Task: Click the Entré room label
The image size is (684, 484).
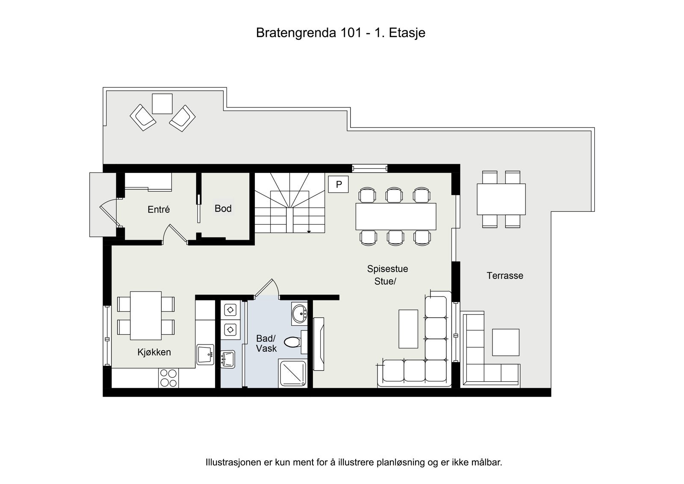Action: (159, 209)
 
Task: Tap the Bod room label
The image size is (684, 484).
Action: (223, 208)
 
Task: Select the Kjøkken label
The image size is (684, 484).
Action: (154, 352)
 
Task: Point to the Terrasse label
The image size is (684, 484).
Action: (504, 276)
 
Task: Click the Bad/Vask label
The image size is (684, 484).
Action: (266, 343)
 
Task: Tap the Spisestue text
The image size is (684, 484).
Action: (387, 269)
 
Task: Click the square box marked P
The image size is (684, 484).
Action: (339, 184)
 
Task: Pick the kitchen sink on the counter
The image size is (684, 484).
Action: (206, 354)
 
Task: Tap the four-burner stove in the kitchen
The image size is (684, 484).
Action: (168, 378)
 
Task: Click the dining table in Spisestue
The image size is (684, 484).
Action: (395, 216)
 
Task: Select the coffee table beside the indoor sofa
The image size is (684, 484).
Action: (408, 329)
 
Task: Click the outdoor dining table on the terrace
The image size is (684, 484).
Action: (501, 199)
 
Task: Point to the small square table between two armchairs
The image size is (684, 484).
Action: (162, 104)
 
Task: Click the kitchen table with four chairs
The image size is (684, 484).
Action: (146, 315)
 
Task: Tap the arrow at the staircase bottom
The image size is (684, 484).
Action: (309, 232)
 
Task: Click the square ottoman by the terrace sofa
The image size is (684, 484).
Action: (505, 342)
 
